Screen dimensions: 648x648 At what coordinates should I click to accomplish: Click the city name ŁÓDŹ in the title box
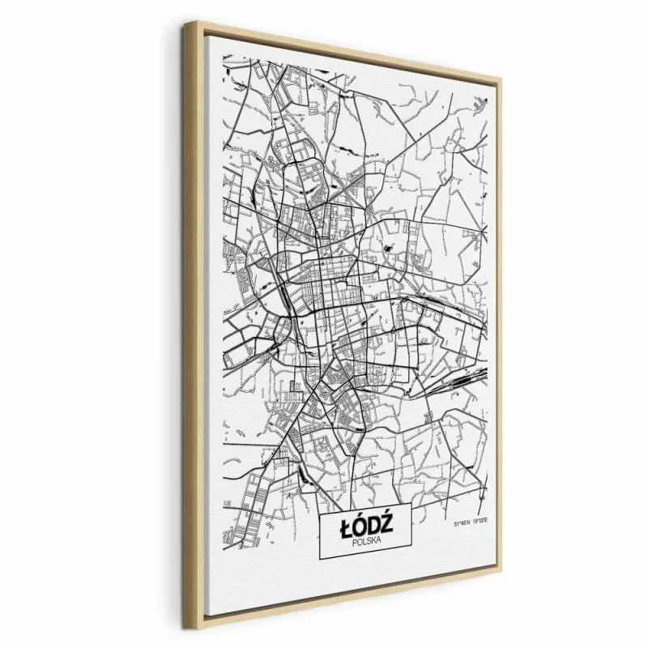[x=366, y=526]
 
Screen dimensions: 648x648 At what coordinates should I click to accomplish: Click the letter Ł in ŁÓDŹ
[x=343, y=526]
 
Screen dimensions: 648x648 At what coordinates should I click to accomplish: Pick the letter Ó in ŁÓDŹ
[x=359, y=526]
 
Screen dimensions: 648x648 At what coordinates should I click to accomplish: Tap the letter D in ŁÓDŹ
[x=374, y=526]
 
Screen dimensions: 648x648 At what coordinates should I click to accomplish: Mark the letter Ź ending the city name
[x=389, y=525]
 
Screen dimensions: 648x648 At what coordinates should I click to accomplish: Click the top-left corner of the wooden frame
[x=187, y=25]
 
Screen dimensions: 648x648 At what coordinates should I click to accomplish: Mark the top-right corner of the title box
[x=411, y=508]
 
